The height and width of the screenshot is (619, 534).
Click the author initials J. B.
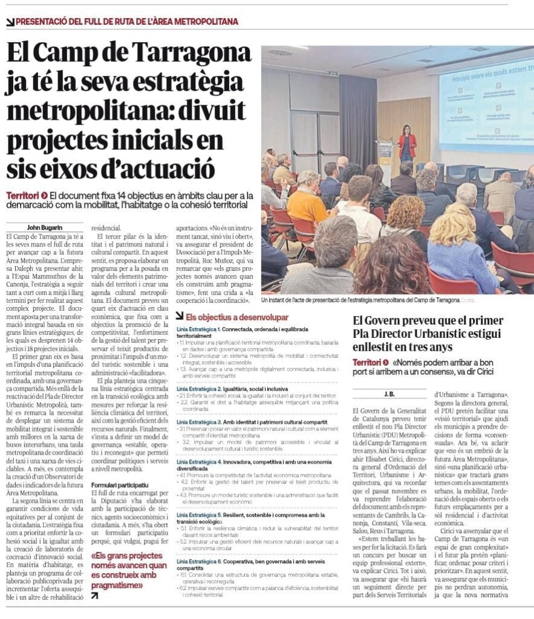(389, 394)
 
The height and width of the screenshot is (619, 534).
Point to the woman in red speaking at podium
(407, 145)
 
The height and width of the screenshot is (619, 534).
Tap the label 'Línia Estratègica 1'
(198, 329)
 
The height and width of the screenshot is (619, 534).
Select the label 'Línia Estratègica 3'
(198, 420)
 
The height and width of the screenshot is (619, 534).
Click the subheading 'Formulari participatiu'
(120, 485)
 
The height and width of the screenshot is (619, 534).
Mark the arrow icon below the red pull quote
(94, 595)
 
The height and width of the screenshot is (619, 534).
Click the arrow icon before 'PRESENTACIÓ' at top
(10, 22)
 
